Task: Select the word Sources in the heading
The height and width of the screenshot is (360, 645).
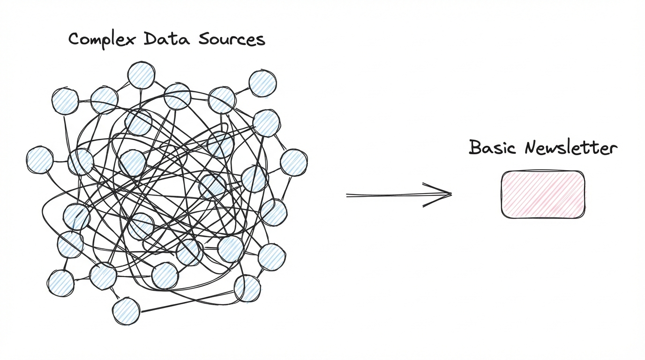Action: (x=232, y=39)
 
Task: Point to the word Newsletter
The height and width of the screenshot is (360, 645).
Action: (x=570, y=148)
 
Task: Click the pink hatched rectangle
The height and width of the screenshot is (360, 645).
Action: (x=543, y=195)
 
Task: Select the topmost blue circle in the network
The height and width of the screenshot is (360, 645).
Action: (x=141, y=75)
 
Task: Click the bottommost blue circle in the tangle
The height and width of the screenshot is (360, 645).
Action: (x=126, y=310)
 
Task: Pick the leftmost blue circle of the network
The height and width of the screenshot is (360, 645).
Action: (x=40, y=160)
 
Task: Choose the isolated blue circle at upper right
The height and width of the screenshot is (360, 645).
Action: (x=262, y=83)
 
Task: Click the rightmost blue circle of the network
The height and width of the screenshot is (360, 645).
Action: (x=293, y=162)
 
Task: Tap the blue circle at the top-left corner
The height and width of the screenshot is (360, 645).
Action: (x=65, y=101)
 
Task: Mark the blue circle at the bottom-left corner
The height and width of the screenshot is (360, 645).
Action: (x=60, y=283)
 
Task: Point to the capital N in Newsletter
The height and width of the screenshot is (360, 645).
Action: (x=532, y=148)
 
